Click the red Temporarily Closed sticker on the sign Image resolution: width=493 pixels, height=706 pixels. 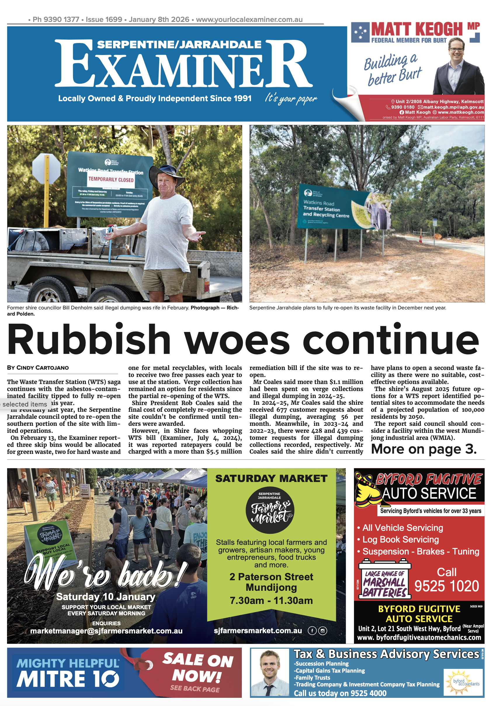pos(111,179)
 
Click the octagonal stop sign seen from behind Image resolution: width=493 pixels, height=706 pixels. pos(46,169)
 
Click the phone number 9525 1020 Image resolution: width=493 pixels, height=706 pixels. pos(446,586)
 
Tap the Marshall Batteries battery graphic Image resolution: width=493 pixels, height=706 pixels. pos(384,580)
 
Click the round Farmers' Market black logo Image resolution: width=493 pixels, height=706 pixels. pos(270,512)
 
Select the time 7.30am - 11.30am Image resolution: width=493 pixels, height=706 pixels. pos(271,600)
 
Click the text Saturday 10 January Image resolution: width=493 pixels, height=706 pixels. pos(106,597)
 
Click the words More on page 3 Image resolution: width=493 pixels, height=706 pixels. pos(423,449)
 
